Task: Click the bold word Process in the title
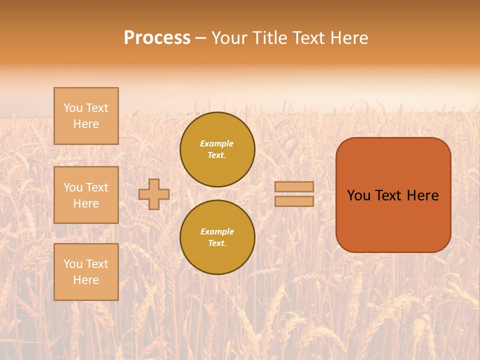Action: pos(157,38)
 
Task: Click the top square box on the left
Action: pos(86,116)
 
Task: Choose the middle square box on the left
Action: pos(86,195)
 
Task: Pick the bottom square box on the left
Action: pos(86,272)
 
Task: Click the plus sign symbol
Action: pos(154,194)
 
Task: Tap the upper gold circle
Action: pos(217,149)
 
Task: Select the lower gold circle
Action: pos(217,237)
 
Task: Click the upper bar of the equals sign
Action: pos(294,187)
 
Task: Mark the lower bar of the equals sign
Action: pos(294,201)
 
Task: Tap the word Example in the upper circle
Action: pos(217,143)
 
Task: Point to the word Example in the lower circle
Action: pos(217,231)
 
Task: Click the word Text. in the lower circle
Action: pos(217,243)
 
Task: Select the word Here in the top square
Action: pos(86,124)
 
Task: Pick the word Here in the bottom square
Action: pos(86,280)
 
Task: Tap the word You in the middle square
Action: pos(72,187)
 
